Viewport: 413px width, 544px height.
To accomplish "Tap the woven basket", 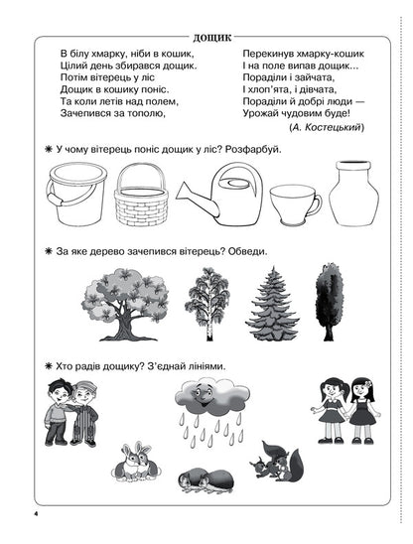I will coord(141,194).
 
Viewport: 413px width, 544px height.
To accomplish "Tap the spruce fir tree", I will coord(272,301).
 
